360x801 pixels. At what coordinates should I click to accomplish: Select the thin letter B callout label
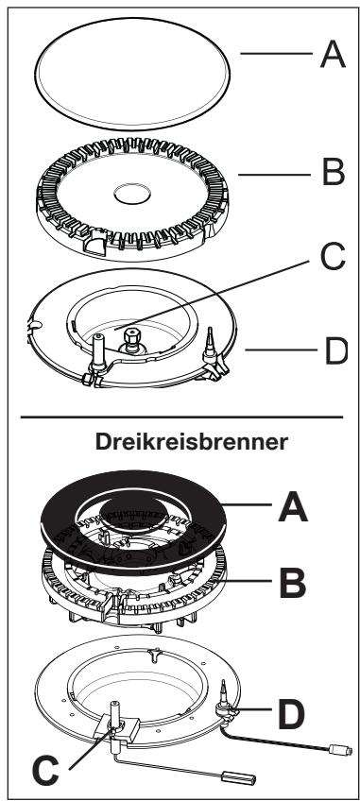point(332,176)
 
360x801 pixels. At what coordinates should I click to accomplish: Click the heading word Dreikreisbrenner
point(180,446)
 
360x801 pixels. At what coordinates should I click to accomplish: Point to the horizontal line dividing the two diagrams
point(180,416)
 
